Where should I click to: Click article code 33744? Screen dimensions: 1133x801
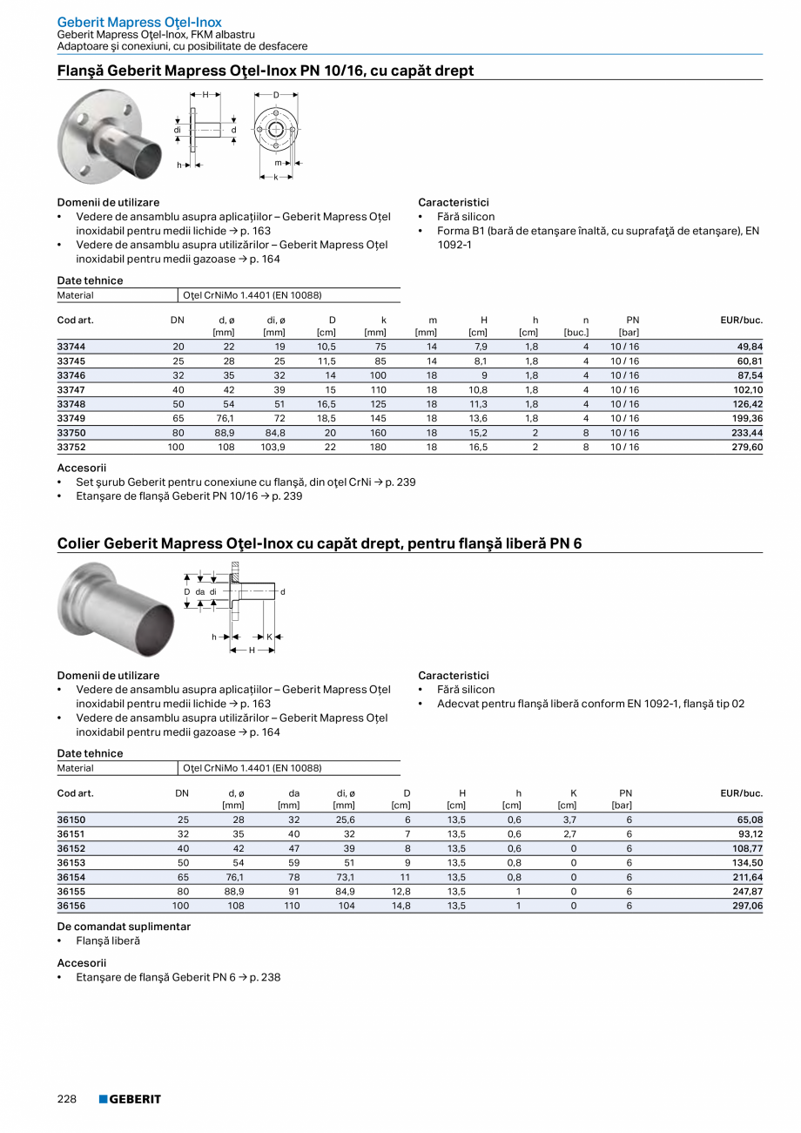coord(71,347)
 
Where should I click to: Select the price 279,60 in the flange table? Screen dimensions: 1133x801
coord(745,448)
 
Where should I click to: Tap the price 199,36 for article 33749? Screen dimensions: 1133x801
coord(745,419)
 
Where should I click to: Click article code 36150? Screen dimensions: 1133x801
coord(71,819)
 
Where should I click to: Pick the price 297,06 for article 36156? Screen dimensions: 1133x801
coord(745,907)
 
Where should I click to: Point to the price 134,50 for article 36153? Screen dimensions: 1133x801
coord(745,863)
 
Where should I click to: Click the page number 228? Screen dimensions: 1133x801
coord(67,1099)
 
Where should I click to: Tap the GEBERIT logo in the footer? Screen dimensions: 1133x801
coord(130,1099)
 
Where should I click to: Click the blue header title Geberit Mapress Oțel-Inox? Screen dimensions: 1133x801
coord(139,22)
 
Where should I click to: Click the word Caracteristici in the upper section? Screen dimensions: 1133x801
coord(453,202)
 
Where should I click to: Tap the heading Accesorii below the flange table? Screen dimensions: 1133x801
coord(82,468)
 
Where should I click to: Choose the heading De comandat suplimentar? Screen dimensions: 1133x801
coord(124,927)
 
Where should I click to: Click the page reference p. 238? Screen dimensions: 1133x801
coord(265,977)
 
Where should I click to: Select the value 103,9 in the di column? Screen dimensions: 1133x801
coord(273,448)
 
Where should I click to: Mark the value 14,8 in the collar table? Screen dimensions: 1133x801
coord(400,907)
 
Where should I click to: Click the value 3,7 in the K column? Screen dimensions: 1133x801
coord(569,819)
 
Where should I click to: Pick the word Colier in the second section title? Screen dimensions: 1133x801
coord(78,543)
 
